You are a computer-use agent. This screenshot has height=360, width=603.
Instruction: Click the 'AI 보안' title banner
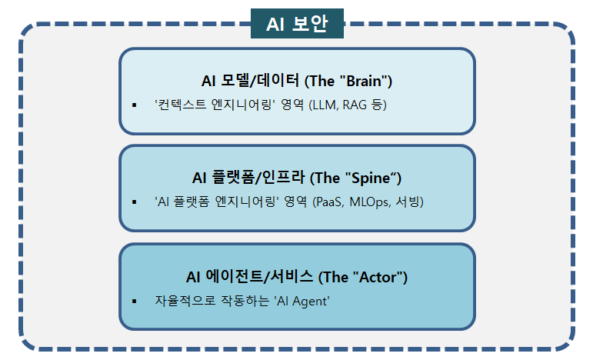297,25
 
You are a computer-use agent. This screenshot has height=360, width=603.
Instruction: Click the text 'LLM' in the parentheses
325,105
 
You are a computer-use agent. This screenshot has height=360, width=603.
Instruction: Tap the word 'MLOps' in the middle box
372,202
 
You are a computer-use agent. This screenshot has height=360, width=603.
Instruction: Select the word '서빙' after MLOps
409,202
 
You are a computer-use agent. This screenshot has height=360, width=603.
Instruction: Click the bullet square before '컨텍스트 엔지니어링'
134,105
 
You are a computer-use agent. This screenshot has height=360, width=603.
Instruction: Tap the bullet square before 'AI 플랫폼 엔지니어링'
134,202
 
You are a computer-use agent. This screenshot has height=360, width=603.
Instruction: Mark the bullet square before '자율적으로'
134,301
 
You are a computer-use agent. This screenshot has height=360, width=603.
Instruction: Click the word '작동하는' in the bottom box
239,301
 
